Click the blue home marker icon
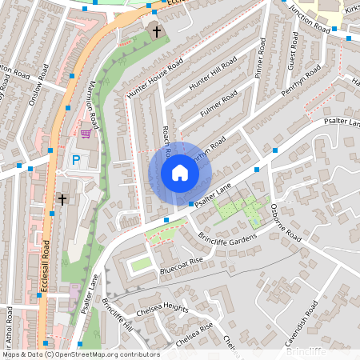point(180,173)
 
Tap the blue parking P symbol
point(76,160)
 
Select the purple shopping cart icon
point(86,133)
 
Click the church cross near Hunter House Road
point(156,31)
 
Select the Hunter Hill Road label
point(213,77)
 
